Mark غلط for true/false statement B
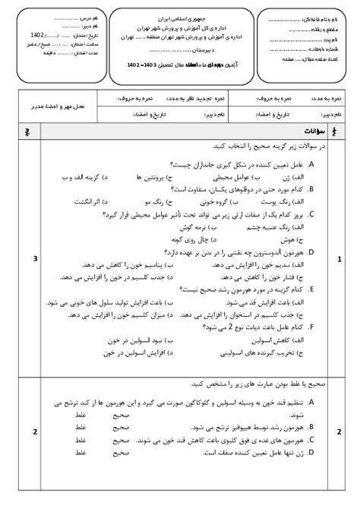pos(79,427)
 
